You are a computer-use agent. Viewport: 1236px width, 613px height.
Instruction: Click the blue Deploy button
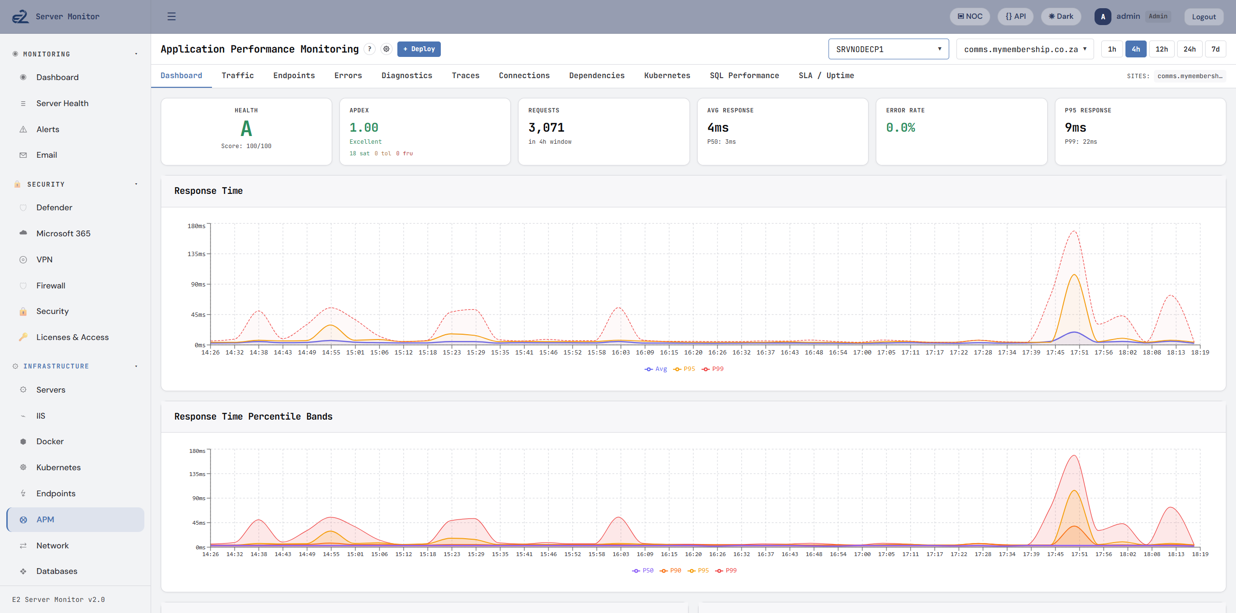click(419, 49)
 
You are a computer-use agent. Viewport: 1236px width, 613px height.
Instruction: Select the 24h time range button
click(1189, 49)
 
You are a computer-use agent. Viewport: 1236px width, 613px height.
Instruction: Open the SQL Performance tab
click(744, 76)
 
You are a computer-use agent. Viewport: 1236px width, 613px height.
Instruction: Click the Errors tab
click(348, 76)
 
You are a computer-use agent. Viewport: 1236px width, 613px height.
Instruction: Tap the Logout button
click(1203, 17)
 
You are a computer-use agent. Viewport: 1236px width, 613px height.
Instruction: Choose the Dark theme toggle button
click(1061, 16)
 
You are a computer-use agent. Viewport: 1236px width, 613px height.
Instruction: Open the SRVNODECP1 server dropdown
click(888, 49)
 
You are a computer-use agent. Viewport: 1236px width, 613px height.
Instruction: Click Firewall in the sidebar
click(51, 286)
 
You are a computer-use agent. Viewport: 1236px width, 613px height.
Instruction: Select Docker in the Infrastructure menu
click(50, 441)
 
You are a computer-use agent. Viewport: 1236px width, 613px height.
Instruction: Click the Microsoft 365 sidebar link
click(63, 233)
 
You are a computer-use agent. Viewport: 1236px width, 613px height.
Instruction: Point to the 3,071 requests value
click(546, 128)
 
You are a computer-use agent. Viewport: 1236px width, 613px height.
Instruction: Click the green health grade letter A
click(246, 129)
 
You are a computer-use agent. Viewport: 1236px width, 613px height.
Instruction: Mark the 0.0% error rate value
click(900, 128)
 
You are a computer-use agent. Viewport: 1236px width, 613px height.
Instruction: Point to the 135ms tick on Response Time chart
click(196, 254)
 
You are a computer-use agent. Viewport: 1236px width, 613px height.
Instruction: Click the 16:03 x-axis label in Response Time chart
click(620, 353)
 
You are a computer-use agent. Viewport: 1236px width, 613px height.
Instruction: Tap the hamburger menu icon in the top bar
click(171, 16)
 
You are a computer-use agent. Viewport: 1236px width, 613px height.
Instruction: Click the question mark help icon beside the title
click(369, 49)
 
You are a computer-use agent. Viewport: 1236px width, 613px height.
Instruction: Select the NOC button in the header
click(969, 16)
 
